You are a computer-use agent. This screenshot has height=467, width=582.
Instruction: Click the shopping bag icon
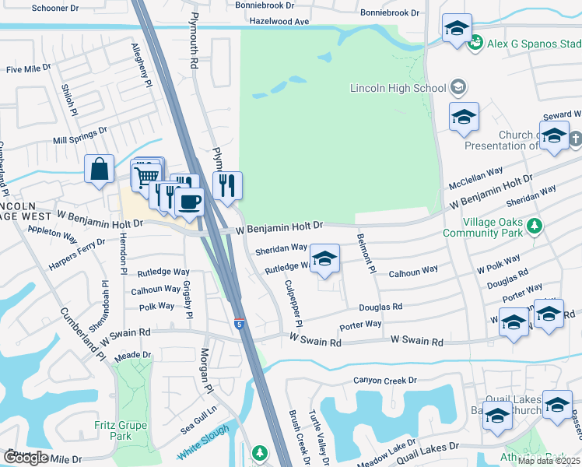click(x=100, y=169)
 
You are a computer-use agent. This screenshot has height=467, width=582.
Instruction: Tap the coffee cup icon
click(x=189, y=202)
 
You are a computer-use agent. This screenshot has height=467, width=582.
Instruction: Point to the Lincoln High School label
click(x=398, y=88)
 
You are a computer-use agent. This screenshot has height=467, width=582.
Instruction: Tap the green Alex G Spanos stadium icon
click(x=475, y=44)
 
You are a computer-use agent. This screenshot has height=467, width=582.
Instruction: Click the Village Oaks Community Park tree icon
click(x=534, y=226)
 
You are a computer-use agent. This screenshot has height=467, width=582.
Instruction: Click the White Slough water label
click(x=204, y=441)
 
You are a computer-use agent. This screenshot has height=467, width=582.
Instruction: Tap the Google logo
click(x=26, y=458)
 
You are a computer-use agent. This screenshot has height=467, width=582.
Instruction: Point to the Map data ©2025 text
click(x=549, y=461)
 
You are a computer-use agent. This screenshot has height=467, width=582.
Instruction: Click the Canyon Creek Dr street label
click(x=385, y=381)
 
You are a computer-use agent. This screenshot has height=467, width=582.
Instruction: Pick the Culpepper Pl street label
click(x=293, y=303)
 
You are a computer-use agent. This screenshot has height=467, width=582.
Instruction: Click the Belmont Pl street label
click(x=365, y=253)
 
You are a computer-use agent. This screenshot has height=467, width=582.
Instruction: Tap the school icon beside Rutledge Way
click(x=324, y=258)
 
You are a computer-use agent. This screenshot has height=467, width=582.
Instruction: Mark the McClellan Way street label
click(x=476, y=179)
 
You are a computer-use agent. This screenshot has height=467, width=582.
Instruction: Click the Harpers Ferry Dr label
click(x=77, y=244)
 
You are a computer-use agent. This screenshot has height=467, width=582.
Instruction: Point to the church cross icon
click(x=575, y=139)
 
